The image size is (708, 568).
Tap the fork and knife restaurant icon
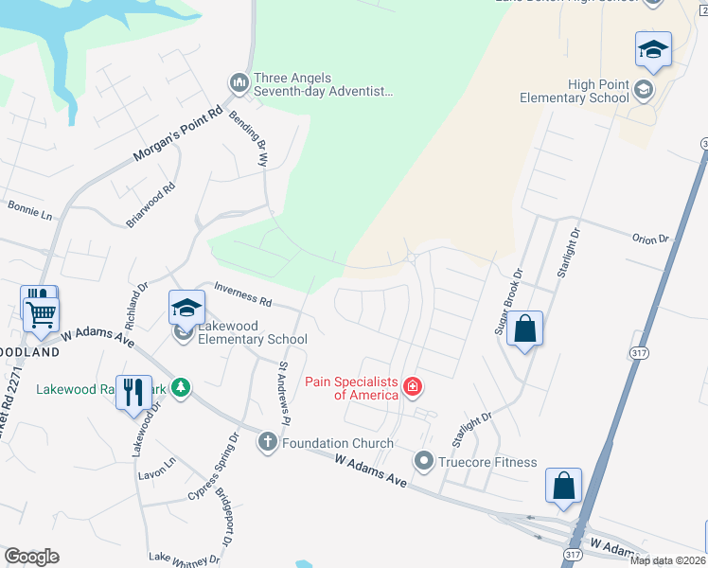pyautogui.click(x=133, y=392)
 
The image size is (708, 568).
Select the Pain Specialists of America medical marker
pyautogui.click(x=413, y=385)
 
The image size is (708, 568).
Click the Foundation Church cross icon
pyautogui.click(x=268, y=442)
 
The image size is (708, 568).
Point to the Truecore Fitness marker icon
pyautogui.click(x=423, y=462)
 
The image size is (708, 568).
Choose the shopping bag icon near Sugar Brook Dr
pyautogui.click(x=525, y=329)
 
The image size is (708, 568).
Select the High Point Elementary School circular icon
pyautogui.click(x=644, y=90)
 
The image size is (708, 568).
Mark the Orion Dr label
pyautogui.click(x=650, y=240)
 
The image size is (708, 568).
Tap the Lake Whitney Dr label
pyautogui.click(x=186, y=558)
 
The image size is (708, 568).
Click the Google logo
pyautogui.click(x=31, y=557)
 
